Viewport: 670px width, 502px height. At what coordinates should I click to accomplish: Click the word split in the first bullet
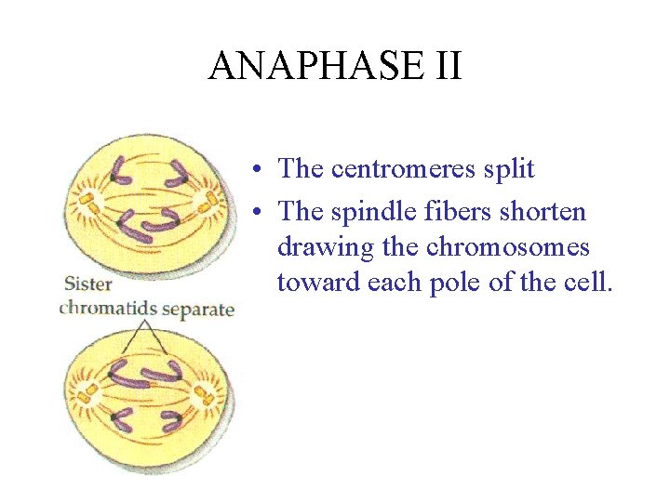click(509, 168)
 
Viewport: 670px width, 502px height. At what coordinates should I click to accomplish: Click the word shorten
click(543, 212)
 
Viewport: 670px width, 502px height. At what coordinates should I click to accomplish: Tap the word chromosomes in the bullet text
click(508, 247)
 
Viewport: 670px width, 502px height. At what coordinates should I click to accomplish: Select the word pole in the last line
click(452, 282)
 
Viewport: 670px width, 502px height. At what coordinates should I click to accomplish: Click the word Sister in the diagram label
click(88, 284)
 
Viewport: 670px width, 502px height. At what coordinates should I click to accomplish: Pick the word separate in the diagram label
click(194, 308)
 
